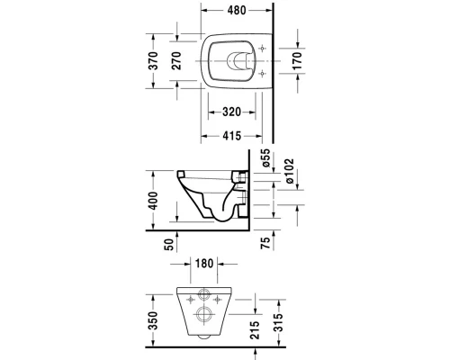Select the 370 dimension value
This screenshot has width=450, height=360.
click(153, 61)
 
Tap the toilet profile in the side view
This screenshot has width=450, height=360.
click(211, 193)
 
